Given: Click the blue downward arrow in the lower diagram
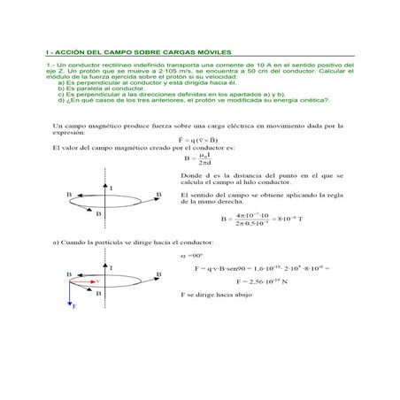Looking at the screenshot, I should pos(70,293).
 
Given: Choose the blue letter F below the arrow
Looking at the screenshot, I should pos(73,307).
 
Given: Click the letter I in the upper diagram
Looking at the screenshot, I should pos(111,188).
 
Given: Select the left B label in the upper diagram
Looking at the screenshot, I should pos(69,194).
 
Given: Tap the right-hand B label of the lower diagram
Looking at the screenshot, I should pos(158,276).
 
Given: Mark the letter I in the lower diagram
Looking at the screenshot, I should pos(110,267).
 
